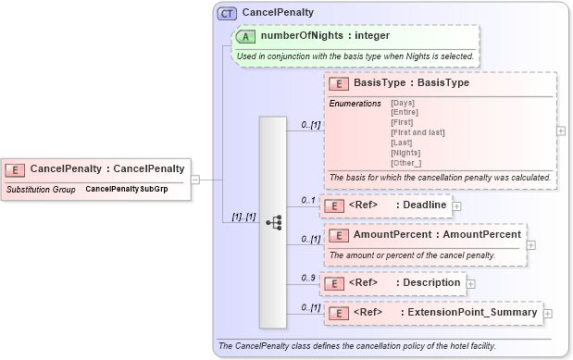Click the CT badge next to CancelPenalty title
coord(226,13)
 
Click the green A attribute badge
coord(246,36)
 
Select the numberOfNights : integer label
coord(325,36)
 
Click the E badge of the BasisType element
coord(339,83)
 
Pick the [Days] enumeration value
coord(403,103)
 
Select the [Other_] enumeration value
coord(406,162)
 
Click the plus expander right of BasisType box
coord(561,130)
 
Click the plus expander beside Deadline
coord(457,205)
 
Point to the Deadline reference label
coord(423,205)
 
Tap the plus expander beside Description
coord(471,283)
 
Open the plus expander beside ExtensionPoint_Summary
coord(548,313)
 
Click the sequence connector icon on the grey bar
coord(274,222)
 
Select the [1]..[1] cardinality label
coord(243,217)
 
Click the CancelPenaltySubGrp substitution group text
coord(127,189)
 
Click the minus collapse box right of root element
coord(195,180)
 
